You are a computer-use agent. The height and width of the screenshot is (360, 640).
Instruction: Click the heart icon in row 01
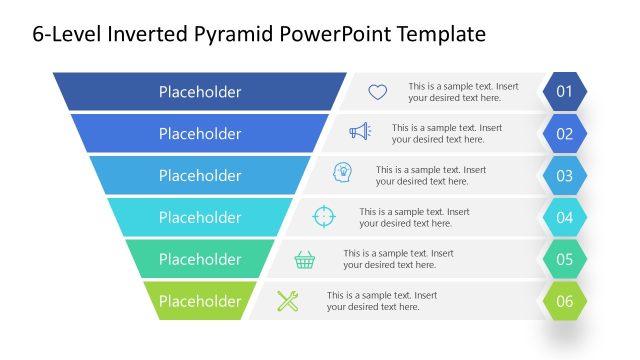377,92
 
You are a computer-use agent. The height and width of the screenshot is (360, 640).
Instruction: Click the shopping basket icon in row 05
305,259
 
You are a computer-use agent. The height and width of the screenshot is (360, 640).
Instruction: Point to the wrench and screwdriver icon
288,300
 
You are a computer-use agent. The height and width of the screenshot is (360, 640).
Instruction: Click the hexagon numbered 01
564,92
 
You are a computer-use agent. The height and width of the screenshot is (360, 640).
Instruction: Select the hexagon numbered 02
564,134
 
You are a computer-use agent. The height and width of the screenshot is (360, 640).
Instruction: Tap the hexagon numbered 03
564,176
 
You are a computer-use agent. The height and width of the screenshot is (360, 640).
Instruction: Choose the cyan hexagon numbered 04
564,217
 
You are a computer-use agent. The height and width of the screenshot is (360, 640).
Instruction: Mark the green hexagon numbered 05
564,259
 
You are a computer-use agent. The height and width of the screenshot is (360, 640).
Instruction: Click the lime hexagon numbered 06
564,301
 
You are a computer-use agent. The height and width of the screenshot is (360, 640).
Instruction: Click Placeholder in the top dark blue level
200,92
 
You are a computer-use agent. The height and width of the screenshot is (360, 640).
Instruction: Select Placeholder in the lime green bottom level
200,301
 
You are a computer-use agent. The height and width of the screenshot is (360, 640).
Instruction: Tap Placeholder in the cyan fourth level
200,217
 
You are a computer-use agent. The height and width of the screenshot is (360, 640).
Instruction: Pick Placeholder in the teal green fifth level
200,259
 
